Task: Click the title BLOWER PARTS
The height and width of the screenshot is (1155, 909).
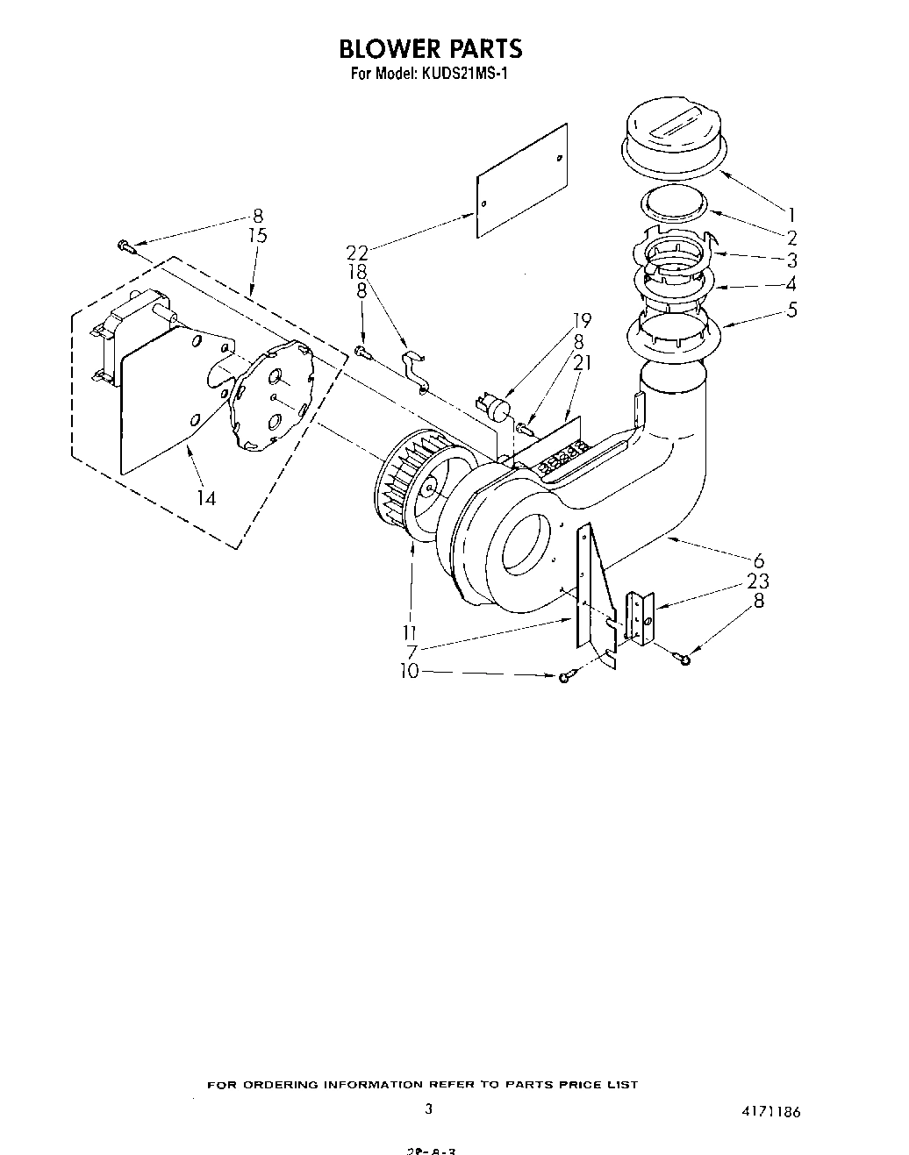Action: pyautogui.click(x=430, y=48)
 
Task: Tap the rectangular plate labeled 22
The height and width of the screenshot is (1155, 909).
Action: pyautogui.click(x=521, y=182)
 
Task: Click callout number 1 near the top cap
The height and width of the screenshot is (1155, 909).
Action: pyautogui.click(x=791, y=213)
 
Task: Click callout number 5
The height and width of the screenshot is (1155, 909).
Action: pyautogui.click(x=791, y=309)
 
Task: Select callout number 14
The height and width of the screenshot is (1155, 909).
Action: pyautogui.click(x=207, y=498)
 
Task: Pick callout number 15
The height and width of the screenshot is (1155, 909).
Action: pyautogui.click(x=257, y=236)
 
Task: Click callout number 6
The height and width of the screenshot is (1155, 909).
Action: pyautogui.click(x=758, y=561)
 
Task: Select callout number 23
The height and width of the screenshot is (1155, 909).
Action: pyautogui.click(x=758, y=581)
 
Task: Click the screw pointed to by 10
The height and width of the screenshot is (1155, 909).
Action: pyautogui.click(x=565, y=676)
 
